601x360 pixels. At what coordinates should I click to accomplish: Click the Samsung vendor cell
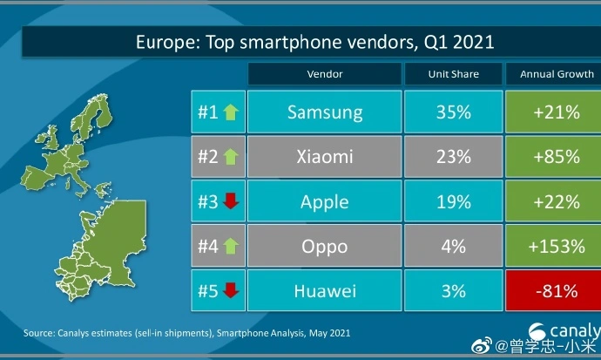324,112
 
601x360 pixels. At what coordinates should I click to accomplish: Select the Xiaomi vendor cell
324,157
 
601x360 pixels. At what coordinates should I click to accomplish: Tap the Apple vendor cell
324,202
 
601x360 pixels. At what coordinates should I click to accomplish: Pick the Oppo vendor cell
324,247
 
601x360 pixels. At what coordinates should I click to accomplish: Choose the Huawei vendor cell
324,291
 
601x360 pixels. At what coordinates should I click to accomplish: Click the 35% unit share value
453,112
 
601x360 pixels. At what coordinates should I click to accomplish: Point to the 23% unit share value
453,157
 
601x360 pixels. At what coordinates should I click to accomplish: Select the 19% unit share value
453,202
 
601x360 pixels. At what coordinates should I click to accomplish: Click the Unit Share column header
453,74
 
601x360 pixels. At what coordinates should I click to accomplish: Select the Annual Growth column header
555,74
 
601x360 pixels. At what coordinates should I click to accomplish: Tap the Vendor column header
324,74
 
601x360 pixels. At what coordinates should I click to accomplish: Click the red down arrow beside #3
231,202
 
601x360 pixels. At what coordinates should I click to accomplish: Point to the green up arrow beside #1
231,112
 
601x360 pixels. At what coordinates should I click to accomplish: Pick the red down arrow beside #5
231,291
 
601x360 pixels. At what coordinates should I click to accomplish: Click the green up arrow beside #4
231,247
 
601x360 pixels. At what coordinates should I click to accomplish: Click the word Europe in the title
166,41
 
